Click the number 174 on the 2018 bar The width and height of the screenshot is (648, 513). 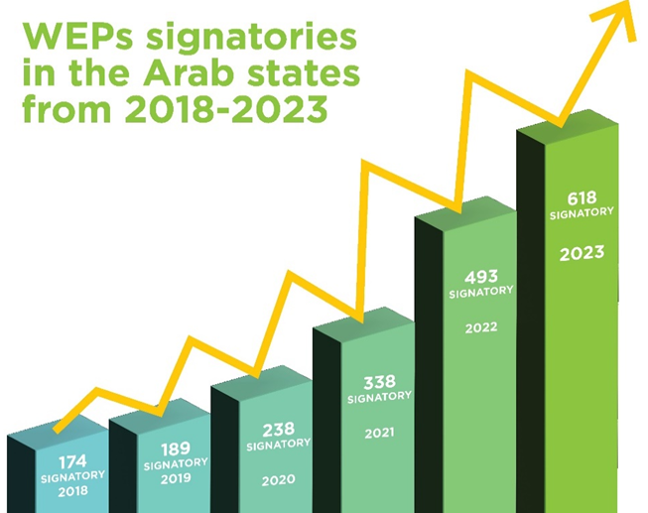(72, 461)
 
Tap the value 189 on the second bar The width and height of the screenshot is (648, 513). (176, 449)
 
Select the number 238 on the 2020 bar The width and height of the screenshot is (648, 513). (278, 430)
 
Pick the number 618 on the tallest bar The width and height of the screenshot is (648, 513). (582, 196)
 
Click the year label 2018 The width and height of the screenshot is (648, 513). (72, 490)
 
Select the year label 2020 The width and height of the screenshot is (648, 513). (278, 480)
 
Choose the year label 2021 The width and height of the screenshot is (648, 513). (378, 433)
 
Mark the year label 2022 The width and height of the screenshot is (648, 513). (481, 326)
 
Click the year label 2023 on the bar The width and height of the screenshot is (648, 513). (582, 254)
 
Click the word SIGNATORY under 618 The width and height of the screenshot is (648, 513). (582, 212)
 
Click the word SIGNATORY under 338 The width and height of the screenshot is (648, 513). (378, 396)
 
